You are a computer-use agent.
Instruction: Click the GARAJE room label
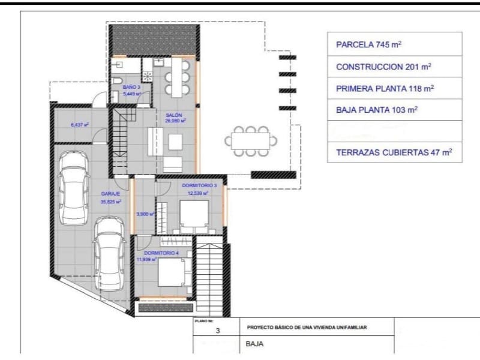[110, 194]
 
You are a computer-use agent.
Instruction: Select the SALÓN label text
[175, 115]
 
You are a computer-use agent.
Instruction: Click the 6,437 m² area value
[79, 125]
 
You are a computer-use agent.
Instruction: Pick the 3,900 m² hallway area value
[145, 214]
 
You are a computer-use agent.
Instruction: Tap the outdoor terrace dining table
[251, 142]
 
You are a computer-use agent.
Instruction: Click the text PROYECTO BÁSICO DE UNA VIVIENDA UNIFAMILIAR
[307, 328]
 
